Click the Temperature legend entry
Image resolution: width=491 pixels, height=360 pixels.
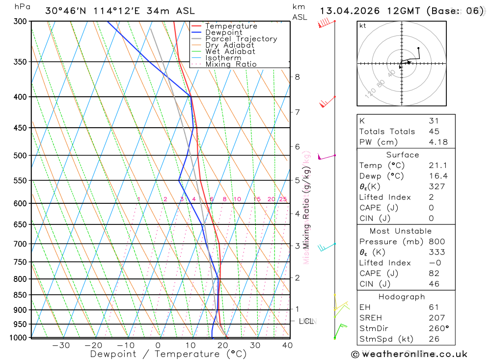tap(231, 26)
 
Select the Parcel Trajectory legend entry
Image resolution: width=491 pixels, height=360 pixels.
tap(241, 39)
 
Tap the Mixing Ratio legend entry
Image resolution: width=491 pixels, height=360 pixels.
tap(231, 64)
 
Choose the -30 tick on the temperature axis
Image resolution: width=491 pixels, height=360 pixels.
tap(61, 345)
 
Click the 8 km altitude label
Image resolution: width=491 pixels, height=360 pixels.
tap(297, 77)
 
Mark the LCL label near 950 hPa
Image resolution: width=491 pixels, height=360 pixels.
tap(306, 321)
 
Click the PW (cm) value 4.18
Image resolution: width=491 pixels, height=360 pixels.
tap(437, 142)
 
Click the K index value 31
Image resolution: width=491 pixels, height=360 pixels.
tap(434, 120)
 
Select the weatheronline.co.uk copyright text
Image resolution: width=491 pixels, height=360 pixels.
tap(409, 354)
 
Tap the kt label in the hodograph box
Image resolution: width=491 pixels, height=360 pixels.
tap(363, 26)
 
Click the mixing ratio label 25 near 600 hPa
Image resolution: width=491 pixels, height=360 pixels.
tap(283, 199)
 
